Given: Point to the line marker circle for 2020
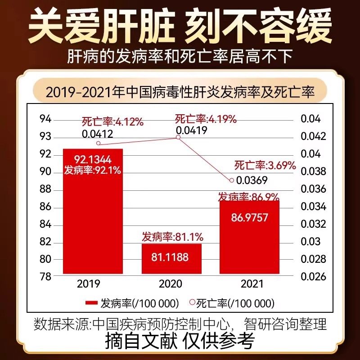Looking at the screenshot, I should (x=178, y=137).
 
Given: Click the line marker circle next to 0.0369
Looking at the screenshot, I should (x=232, y=180).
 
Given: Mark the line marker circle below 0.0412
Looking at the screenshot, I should (x=99, y=144).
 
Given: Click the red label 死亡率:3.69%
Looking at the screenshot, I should (x=265, y=165).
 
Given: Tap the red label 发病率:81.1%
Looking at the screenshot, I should (x=173, y=236).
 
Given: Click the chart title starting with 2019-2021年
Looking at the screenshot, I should (x=180, y=92).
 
